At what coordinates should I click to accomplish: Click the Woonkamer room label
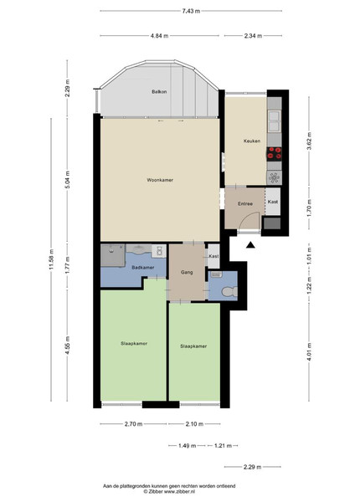click(160, 180)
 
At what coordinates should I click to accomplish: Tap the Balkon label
click(159, 91)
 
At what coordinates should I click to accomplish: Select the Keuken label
click(252, 141)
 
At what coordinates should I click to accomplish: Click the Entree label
click(245, 203)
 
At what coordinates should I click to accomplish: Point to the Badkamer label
click(143, 268)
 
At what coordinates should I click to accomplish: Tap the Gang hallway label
click(187, 273)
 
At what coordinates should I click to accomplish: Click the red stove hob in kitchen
click(274, 153)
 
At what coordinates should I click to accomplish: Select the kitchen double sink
click(274, 120)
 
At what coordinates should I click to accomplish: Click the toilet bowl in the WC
click(230, 291)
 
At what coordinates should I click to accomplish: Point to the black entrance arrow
click(250, 245)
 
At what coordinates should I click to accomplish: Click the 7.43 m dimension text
click(191, 11)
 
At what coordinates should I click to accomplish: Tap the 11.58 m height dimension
click(51, 259)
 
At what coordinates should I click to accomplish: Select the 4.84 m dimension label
click(160, 36)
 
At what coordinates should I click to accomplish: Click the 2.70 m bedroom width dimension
click(134, 424)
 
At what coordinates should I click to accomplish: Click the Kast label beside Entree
click(273, 202)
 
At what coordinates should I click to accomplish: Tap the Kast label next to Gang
click(213, 256)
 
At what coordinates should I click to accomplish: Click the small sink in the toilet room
click(217, 274)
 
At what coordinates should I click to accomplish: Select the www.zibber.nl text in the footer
click(180, 491)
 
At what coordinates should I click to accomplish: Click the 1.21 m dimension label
click(223, 445)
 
